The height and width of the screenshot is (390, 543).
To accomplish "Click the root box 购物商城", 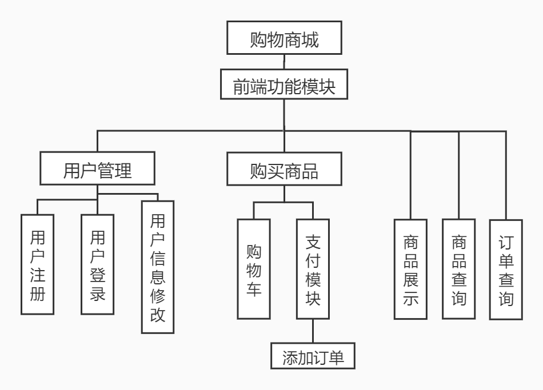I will click(x=284, y=39).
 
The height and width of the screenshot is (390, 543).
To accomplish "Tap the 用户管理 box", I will click(x=97, y=171).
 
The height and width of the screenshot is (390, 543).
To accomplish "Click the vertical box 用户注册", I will click(x=37, y=264).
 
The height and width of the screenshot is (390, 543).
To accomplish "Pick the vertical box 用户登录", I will click(x=98, y=264).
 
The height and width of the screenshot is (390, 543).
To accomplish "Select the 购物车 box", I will click(x=254, y=268).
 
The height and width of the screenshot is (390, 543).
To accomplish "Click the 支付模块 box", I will click(x=313, y=268).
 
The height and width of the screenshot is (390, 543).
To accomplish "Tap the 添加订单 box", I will click(x=313, y=357).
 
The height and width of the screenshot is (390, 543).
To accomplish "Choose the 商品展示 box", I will click(x=411, y=269).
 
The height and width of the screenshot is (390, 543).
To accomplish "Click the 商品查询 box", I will click(x=458, y=269).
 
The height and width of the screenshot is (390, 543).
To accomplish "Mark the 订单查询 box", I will click(x=506, y=269).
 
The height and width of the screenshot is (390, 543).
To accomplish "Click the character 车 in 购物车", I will click(x=254, y=288).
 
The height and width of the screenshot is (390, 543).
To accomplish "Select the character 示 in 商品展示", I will click(x=411, y=299).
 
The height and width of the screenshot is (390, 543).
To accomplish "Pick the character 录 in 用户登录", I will click(x=98, y=297).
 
